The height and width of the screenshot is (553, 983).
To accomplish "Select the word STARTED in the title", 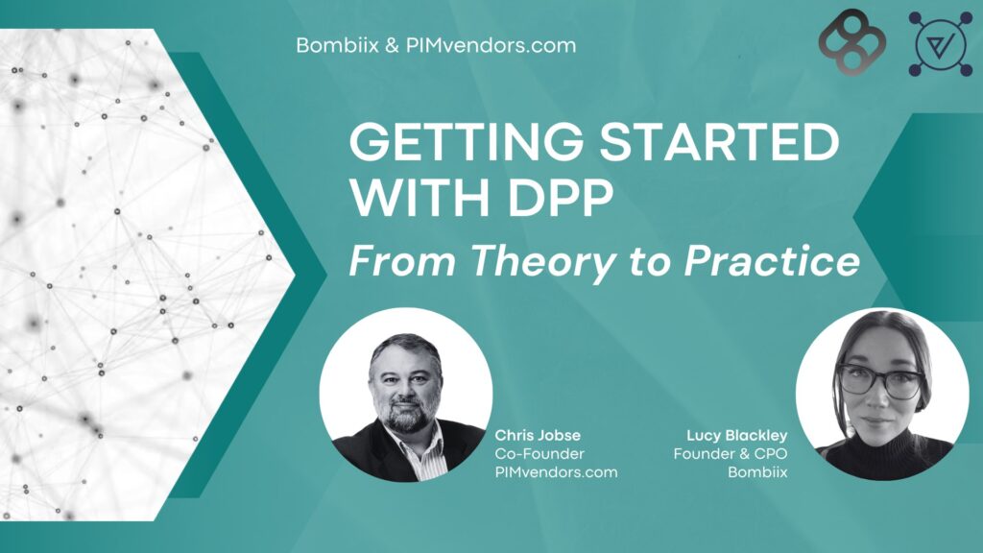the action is click(x=719, y=141).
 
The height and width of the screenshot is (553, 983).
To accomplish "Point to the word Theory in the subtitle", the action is click(x=541, y=261).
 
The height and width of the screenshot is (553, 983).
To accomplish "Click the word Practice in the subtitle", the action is click(x=772, y=260).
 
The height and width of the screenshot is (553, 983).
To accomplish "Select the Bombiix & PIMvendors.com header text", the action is click(x=436, y=45).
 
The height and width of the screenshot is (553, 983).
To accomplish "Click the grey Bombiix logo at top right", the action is click(x=852, y=42).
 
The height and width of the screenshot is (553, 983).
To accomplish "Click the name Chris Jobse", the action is click(x=538, y=435).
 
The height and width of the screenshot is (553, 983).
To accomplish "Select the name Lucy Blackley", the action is click(x=736, y=435).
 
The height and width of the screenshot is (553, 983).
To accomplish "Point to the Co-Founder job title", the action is click(x=539, y=453).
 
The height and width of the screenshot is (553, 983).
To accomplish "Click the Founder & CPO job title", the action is click(x=731, y=453).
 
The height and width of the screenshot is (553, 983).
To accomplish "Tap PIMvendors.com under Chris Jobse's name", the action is click(x=556, y=472).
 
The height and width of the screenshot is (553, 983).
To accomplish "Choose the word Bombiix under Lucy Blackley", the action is click(x=757, y=472).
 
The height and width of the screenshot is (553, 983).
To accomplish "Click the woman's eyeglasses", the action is click(x=881, y=380).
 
